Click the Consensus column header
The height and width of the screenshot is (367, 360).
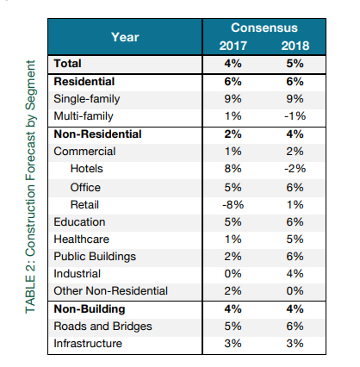click(264, 28)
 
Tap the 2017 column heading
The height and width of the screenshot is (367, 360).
click(233, 46)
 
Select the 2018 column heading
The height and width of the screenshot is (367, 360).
click(295, 46)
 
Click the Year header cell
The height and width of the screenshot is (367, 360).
click(125, 37)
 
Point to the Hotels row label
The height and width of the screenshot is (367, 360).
click(86, 169)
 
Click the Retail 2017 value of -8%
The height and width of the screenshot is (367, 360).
click(233, 205)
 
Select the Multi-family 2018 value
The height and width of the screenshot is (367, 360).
click(295, 116)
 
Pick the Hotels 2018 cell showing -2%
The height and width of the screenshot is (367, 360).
click(295, 169)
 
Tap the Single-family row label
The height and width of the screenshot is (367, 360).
click(87, 99)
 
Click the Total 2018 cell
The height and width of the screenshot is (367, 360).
click(295, 64)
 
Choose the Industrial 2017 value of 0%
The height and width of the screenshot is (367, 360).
click(233, 274)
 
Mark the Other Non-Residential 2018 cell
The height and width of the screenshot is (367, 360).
click(295, 291)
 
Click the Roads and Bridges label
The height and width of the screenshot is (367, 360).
click(102, 327)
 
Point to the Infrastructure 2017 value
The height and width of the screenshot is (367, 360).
click(233, 344)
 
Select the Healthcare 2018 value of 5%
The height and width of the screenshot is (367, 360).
click(295, 239)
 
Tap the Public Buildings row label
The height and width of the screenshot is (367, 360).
click(95, 257)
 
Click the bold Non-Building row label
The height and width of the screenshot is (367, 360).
click(90, 309)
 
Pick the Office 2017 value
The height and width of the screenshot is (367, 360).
click(233, 188)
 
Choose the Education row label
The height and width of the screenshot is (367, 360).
click(79, 222)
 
